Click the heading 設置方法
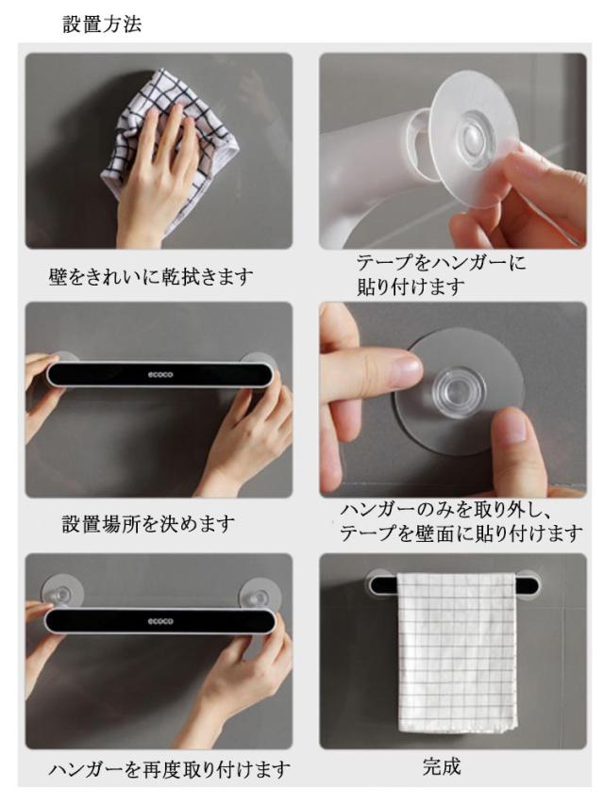coord(102,25)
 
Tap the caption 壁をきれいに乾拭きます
coord(151,277)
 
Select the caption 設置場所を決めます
coord(148,524)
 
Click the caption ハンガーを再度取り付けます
coord(170,769)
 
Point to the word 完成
coord(442,766)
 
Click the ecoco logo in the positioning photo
coord(160,375)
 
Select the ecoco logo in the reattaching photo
coord(160,621)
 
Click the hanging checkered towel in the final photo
coord(457,652)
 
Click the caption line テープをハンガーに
coord(442,263)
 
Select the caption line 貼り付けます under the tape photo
coord(411,287)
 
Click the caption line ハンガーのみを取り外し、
coord(445,510)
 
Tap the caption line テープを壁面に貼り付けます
coord(461,533)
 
